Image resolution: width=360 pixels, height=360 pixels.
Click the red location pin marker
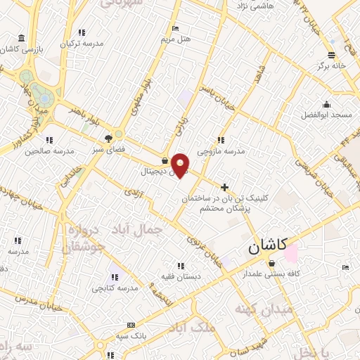click(x=181, y=165)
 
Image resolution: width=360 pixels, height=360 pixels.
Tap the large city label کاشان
click(x=267, y=246)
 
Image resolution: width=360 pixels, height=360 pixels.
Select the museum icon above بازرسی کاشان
click(x=22, y=37)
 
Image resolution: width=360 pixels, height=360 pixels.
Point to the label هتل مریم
click(x=175, y=38)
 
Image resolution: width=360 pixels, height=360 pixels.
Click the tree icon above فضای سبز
click(x=108, y=139)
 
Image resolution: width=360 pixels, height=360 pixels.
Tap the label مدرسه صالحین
click(x=50, y=150)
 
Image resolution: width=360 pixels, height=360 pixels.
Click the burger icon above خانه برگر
click(x=331, y=53)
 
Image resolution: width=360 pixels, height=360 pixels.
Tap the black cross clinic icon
click(x=224, y=187)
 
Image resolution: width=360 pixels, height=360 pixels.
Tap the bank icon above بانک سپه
click(x=131, y=326)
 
